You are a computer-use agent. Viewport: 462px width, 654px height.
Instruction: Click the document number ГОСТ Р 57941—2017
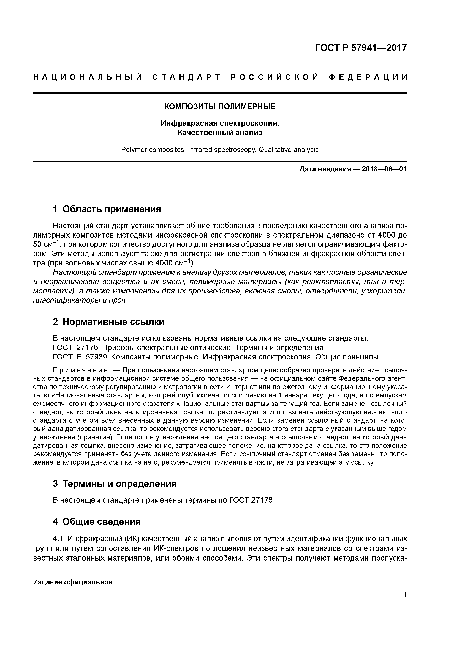[361, 48]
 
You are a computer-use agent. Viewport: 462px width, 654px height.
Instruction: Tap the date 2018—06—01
[384, 169]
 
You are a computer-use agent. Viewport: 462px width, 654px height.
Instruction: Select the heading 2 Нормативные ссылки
[109, 322]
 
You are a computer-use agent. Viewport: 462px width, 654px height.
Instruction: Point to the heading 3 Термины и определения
[115, 484]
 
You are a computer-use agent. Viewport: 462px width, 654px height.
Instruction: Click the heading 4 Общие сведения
[97, 522]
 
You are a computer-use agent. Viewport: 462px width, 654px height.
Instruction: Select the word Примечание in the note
[80, 370]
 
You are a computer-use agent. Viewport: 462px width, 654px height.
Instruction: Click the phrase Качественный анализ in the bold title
[220, 133]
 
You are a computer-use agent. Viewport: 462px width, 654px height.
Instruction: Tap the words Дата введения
[325, 169]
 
